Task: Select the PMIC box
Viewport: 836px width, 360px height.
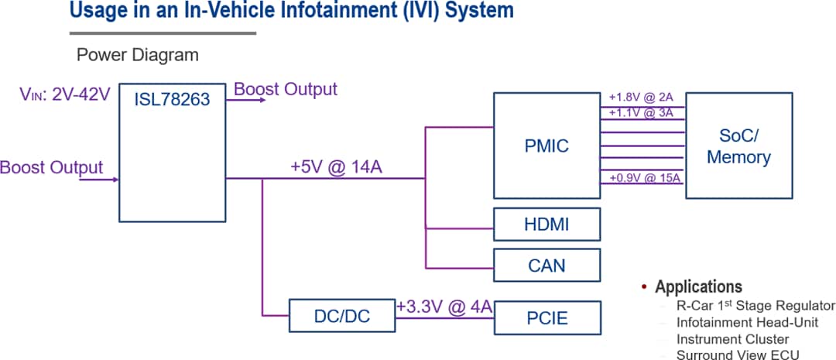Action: coord(546,145)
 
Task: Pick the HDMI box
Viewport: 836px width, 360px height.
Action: coord(546,225)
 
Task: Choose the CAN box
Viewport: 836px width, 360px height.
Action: coord(546,266)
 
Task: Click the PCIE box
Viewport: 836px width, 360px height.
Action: coord(546,317)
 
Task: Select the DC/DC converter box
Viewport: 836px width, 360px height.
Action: coord(341,317)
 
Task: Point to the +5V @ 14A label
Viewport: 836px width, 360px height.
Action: coord(339,167)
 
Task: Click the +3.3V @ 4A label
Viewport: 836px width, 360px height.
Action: coord(444,307)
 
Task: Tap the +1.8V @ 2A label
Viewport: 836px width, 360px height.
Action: coord(641,98)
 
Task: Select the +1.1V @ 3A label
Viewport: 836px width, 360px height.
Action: coord(641,112)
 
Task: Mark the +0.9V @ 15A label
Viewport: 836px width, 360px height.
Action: coord(644,179)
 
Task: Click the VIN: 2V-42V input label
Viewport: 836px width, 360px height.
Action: coord(65,94)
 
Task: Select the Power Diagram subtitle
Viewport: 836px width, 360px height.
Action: coord(137,55)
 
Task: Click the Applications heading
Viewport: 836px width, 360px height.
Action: coord(698,286)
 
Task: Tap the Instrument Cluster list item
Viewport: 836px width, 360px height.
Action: coord(732,339)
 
